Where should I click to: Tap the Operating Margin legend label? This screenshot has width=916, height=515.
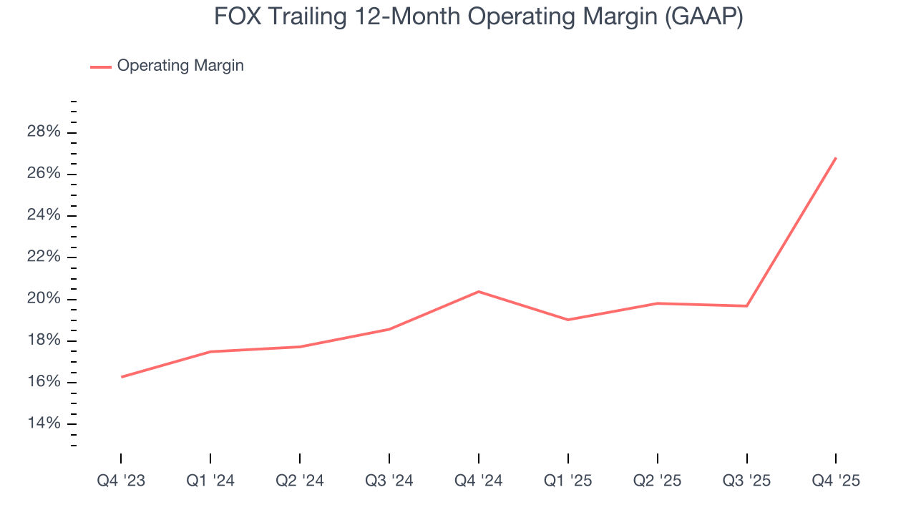[x=180, y=66]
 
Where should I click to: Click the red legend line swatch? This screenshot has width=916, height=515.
[x=100, y=67]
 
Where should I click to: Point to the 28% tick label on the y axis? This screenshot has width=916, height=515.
[x=43, y=132]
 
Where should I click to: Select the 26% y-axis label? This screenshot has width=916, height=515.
[x=43, y=174]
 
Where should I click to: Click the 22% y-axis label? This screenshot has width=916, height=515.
[x=43, y=257]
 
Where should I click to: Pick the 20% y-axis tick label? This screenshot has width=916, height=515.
[x=43, y=298]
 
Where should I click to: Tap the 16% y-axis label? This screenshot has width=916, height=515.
[x=43, y=382]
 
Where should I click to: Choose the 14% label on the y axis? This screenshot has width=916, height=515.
[x=43, y=423]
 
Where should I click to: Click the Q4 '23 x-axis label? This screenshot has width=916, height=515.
[x=121, y=481]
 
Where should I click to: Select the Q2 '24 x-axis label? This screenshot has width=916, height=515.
[x=300, y=481]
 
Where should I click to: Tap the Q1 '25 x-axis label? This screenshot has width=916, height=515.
[x=568, y=481]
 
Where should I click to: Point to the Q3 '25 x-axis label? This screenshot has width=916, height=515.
[x=747, y=481]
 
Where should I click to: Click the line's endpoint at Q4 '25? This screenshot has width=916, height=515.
[x=836, y=158]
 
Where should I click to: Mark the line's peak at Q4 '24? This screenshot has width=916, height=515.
[x=479, y=291]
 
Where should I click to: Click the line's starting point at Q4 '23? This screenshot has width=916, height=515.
[x=122, y=377]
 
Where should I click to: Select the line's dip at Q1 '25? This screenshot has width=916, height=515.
[x=568, y=320]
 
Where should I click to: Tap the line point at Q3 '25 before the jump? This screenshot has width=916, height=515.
[x=747, y=306]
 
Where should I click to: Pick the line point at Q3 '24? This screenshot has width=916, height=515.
[x=389, y=329]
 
